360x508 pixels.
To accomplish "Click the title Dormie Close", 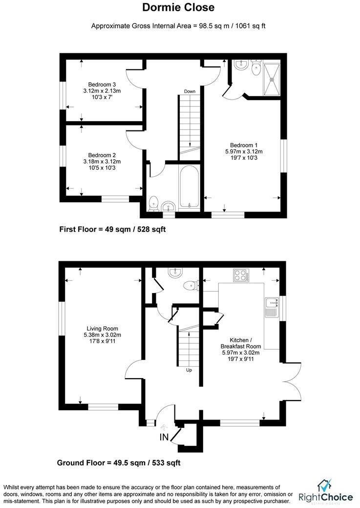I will tap(178, 8).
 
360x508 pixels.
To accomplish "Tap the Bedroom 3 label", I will tap(102, 84).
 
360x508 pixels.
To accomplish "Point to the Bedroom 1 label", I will tap(244, 145).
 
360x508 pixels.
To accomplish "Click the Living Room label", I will tap(102, 328).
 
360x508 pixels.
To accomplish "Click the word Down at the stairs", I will tap(190, 91).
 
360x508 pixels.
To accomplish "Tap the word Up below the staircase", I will tap(189, 370).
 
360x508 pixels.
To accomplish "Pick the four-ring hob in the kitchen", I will tap(241, 275).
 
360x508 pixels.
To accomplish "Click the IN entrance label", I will tap(164, 437).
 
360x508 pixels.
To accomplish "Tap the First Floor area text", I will tap(112, 229).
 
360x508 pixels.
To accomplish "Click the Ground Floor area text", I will tap(119, 463).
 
